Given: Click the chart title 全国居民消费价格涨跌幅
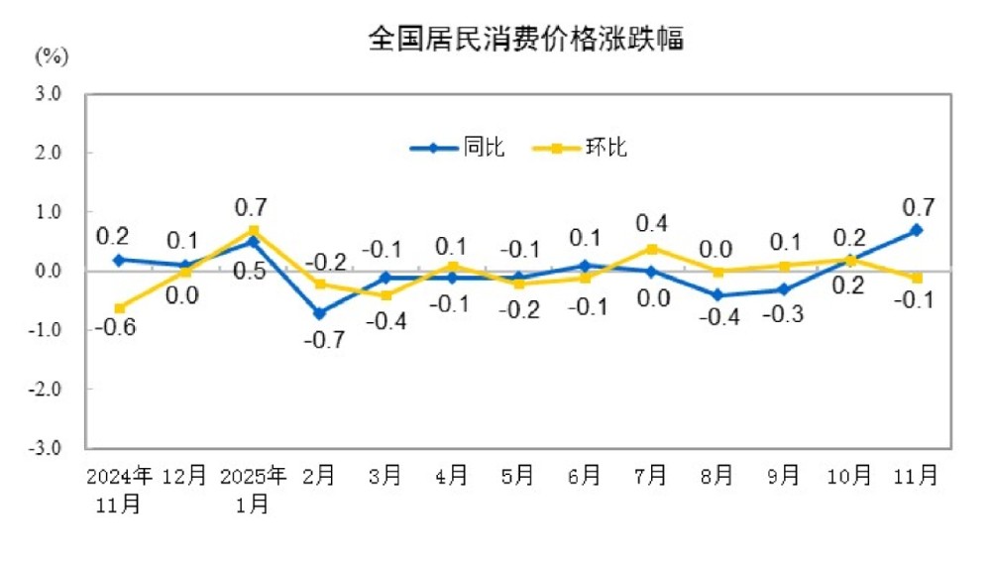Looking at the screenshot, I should [x=525, y=40].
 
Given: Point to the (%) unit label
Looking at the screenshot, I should [x=52, y=57].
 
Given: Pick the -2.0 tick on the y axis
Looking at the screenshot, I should [x=48, y=390].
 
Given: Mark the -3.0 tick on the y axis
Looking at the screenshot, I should [x=48, y=448].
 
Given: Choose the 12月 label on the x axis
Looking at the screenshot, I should [x=185, y=476].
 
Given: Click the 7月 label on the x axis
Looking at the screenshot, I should [x=650, y=476].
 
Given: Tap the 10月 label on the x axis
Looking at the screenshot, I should [x=850, y=476].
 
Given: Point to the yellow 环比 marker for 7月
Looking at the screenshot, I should [x=651, y=249].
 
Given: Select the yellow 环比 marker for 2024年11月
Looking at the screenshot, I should [x=119, y=308].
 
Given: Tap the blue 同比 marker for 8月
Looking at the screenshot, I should [x=717, y=295].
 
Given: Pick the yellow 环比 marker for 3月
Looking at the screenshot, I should [x=385, y=295].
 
